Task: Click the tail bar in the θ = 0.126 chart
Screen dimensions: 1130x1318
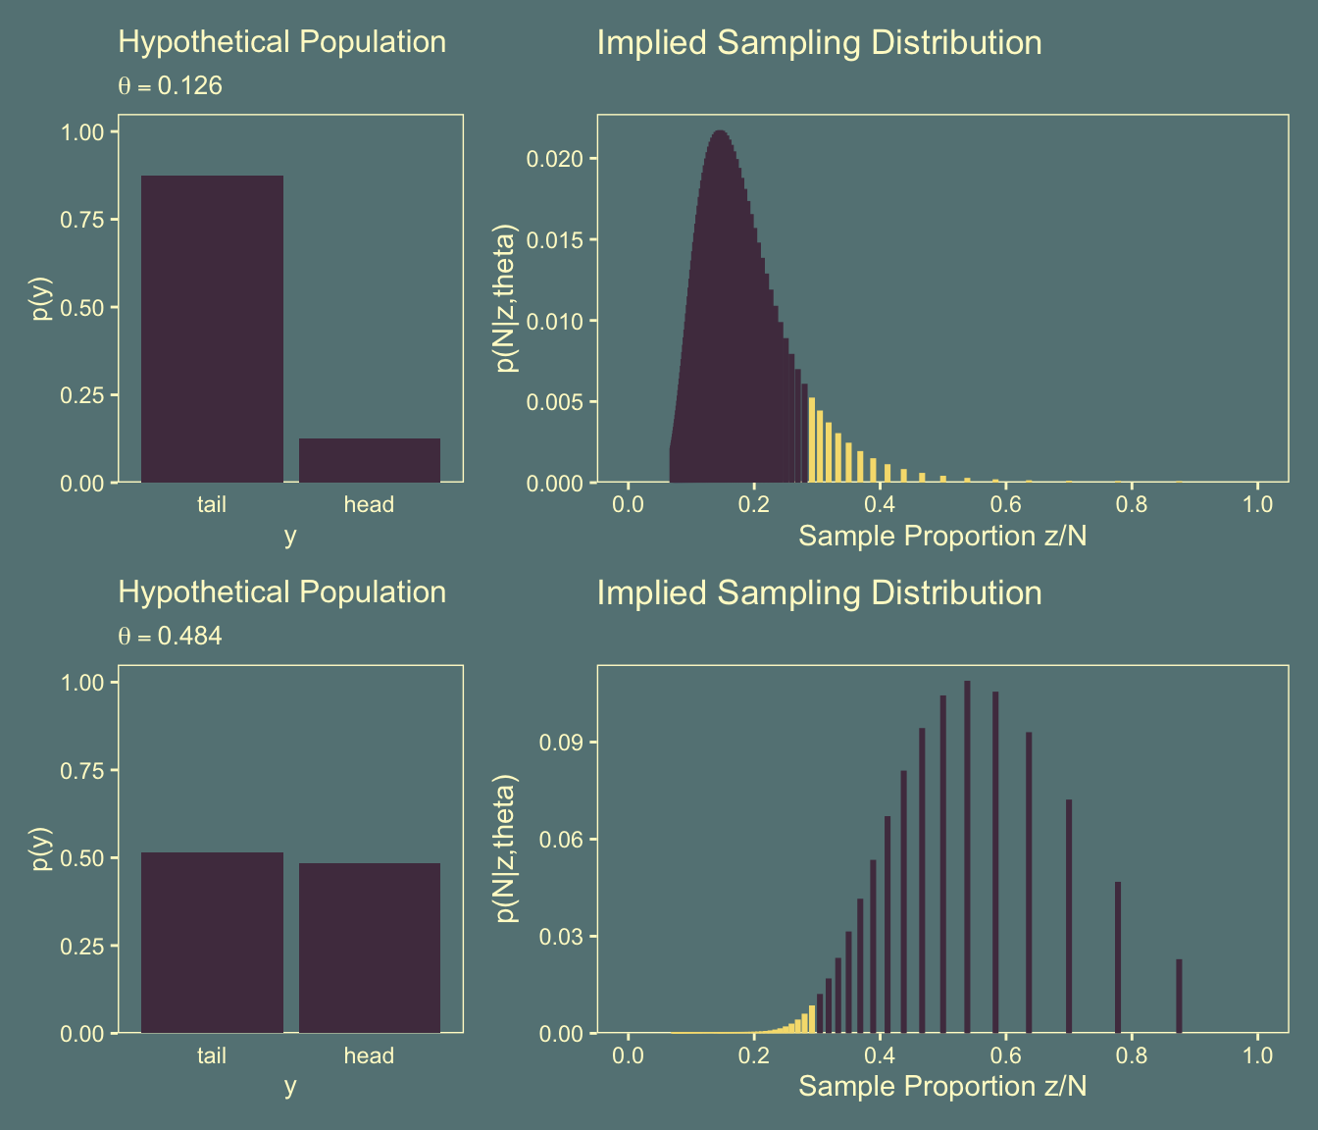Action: click(x=212, y=329)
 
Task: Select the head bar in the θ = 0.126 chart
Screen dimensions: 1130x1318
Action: click(x=370, y=460)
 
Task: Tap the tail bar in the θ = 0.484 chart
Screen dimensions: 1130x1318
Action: click(x=212, y=943)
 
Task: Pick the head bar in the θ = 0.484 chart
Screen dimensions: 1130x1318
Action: click(x=370, y=948)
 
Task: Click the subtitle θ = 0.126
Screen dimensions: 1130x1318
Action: click(x=171, y=86)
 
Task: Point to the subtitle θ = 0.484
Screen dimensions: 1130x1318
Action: click(x=171, y=637)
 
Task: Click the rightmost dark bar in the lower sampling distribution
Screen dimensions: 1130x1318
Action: click(x=1179, y=996)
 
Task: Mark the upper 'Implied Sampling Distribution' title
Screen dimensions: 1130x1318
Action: click(x=819, y=43)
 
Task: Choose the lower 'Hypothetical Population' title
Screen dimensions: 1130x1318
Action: click(x=281, y=592)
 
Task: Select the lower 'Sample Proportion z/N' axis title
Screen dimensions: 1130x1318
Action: click(x=942, y=1086)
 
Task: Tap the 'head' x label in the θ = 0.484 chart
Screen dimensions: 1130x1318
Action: click(x=369, y=1055)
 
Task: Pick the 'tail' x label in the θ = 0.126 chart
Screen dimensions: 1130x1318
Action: click(x=212, y=504)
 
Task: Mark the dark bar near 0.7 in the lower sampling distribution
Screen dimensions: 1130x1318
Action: click(x=1069, y=916)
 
